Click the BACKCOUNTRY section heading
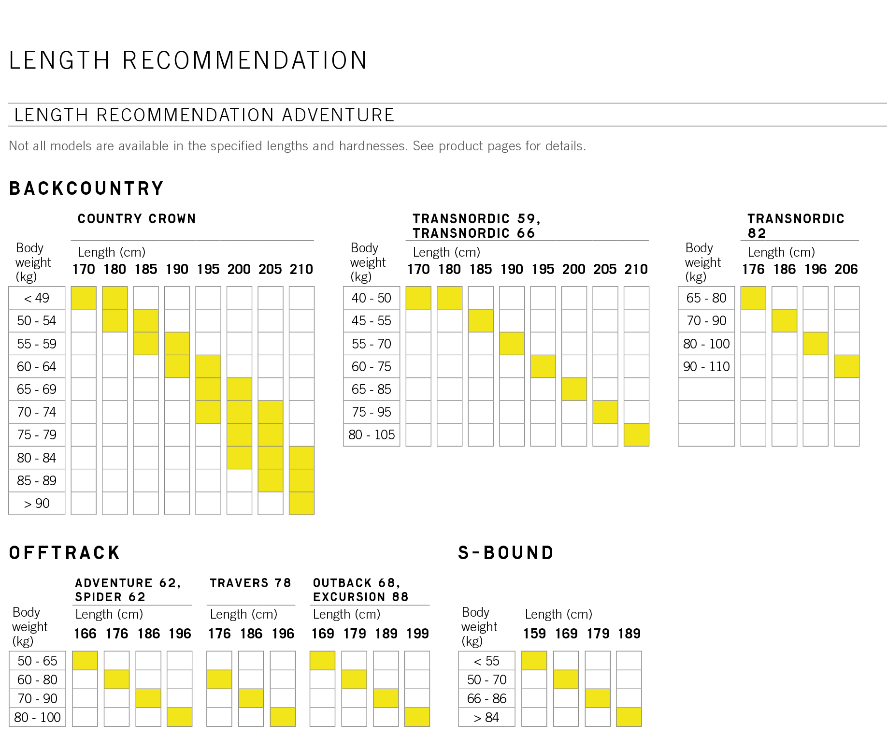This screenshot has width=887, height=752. [x=86, y=188]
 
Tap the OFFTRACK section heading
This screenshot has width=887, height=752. [x=65, y=553]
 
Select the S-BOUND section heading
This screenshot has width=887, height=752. [x=506, y=553]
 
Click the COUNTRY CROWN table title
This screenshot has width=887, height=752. [x=137, y=219]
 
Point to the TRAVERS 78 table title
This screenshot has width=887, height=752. [x=250, y=583]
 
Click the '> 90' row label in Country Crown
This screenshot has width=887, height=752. [x=37, y=504]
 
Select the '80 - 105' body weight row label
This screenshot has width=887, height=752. [x=372, y=435]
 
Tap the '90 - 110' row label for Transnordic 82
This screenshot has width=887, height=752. [x=706, y=367]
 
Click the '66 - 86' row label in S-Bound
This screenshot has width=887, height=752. [x=486, y=699]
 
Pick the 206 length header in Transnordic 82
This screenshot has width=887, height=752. [x=846, y=269]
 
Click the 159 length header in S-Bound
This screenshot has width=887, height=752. [x=534, y=634]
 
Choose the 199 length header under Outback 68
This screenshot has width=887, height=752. [x=417, y=634]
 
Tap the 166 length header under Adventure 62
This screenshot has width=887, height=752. [x=85, y=634]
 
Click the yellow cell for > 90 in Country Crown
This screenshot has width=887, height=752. [x=301, y=504]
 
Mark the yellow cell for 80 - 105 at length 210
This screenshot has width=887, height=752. [x=636, y=435]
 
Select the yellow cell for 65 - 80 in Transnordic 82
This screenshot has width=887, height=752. [x=753, y=298]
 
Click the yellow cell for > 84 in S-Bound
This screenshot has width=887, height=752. [x=629, y=717]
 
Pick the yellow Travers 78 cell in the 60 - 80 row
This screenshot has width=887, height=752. [x=219, y=680]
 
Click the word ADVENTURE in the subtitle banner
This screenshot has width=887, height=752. [x=338, y=116]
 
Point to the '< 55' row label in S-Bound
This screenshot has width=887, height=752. [x=486, y=661]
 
